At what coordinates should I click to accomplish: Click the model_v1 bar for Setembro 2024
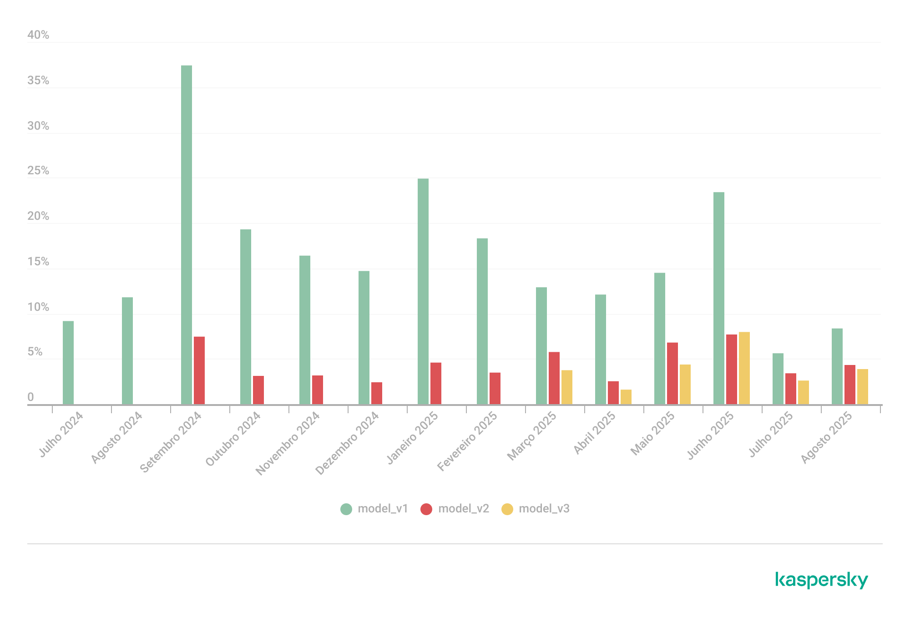pos(187,234)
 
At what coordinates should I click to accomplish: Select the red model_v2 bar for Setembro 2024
pos(199,370)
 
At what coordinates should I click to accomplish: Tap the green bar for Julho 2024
pos(68,362)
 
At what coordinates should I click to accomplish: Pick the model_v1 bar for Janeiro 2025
pos(423,291)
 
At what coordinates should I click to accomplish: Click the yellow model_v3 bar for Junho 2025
pos(744,368)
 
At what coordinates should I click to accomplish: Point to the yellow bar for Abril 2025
pos(626,396)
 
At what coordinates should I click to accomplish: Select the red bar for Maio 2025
pos(672,373)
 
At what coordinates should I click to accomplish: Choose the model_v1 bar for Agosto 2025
pos(837,366)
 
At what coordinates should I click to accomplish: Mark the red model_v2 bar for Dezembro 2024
pos(377,393)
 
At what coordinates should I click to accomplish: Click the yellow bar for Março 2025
pos(567,387)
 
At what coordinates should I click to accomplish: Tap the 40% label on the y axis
pos(38,35)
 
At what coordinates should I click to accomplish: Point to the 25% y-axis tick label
pos(38,171)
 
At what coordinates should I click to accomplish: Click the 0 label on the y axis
pos(30,397)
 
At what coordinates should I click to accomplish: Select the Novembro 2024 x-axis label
pos(288,443)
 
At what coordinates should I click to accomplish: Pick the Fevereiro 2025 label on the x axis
pos(467,441)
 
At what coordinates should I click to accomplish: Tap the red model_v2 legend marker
pos(426,509)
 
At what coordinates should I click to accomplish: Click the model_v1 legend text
pos(383,509)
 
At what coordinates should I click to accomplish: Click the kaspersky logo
pos(822,580)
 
